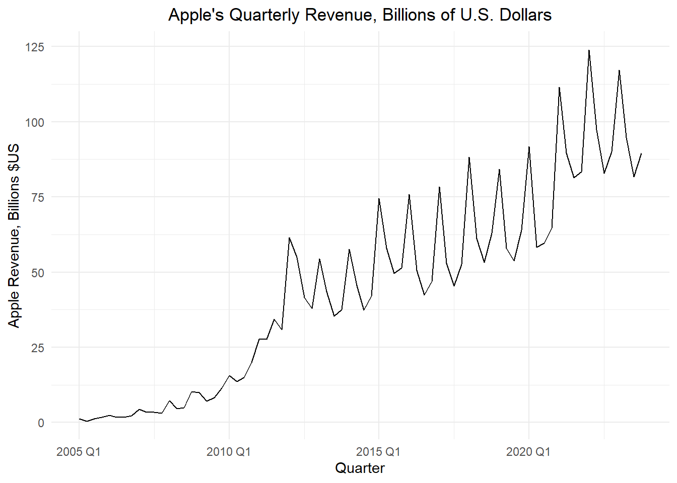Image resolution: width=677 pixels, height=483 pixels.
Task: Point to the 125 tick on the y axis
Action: [35, 47]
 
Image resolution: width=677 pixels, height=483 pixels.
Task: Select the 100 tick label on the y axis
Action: [35, 122]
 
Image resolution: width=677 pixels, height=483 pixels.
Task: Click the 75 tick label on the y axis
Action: [38, 198]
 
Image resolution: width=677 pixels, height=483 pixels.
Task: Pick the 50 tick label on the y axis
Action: [38, 273]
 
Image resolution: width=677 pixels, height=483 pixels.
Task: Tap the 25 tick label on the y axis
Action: [38, 348]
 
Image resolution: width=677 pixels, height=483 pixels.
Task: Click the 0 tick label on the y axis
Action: [41, 423]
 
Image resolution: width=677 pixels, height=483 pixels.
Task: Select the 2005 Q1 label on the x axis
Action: [79, 452]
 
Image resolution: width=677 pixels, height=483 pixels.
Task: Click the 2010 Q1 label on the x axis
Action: [229, 452]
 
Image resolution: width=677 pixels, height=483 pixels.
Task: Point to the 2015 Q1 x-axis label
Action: [378, 452]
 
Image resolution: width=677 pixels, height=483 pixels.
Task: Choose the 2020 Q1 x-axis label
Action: [528, 452]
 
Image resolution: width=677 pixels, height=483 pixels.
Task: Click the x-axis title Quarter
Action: [360, 468]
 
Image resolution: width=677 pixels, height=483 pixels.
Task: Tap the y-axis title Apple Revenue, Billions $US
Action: [14, 235]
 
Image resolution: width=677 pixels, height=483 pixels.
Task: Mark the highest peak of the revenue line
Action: [589, 50]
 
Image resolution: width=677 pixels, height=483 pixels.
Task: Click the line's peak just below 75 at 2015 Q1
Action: [379, 199]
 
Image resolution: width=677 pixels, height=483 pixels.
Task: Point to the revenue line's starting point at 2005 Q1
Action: [79, 419]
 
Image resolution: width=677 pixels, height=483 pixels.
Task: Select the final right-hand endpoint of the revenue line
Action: [641, 153]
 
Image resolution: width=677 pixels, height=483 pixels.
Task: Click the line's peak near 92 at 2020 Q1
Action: [529, 147]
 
